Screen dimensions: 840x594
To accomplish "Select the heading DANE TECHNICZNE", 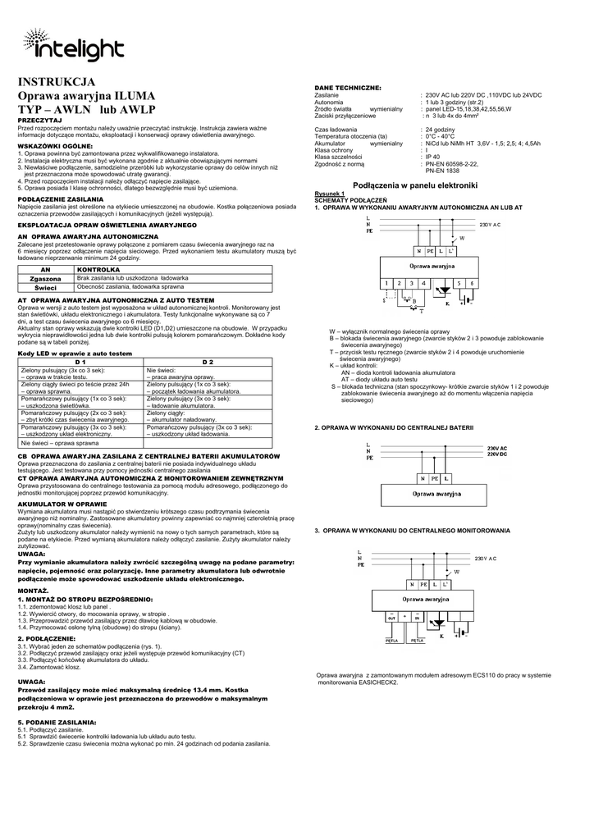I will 348,87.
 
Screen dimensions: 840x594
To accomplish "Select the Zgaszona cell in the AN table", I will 46,279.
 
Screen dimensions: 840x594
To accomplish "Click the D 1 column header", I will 80,362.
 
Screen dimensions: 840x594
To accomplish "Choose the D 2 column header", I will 208,362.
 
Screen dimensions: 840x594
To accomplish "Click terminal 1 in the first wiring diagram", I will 386,283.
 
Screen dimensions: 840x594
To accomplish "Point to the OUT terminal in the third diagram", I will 391,616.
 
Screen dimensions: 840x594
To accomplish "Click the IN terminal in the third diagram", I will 418,616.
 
